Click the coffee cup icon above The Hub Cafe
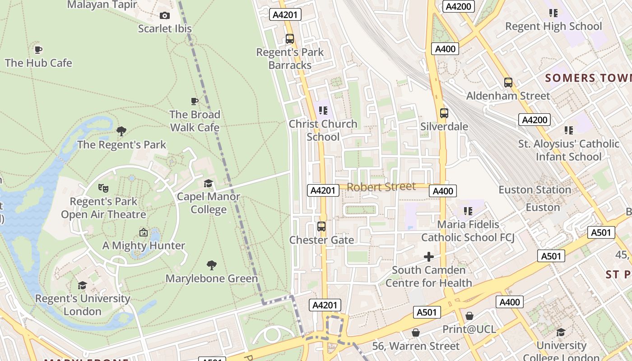point(38,49)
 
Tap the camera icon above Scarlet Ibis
point(165,15)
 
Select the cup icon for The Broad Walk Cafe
point(195,101)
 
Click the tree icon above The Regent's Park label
point(121,131)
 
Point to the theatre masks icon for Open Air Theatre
point(103,188)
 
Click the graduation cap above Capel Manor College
point(208,183)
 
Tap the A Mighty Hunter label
point(144,245)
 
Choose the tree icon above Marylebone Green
point(211,265)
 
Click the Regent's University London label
point(83,305)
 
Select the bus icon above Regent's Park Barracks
point(290,39)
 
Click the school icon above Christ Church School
point(323,110)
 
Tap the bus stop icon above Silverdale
point(444,113)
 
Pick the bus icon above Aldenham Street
point(508,83)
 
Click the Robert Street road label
point(381,187)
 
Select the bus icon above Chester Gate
point(321,226)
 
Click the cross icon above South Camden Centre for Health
point(428,257)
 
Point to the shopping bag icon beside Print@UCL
point(469,316)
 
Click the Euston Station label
point(534,190)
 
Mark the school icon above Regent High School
point(553,13)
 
